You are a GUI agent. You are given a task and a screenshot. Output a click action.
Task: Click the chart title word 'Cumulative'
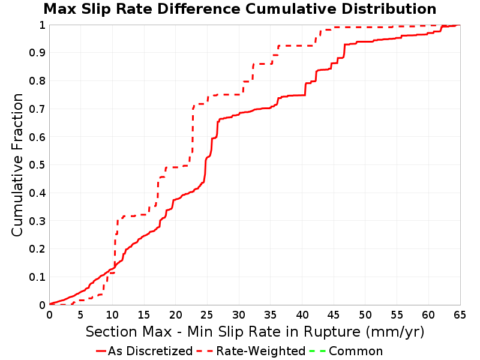(x=290, y=9)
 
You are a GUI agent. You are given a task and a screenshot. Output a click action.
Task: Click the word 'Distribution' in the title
(x=389, y=9)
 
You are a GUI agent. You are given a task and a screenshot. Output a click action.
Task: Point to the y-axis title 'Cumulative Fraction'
(x=17, y=165)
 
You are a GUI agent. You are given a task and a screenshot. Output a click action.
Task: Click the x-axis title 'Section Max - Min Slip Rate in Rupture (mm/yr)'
(x=255, y=332)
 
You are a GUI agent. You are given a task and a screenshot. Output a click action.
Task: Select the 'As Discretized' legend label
(x=151, y=351)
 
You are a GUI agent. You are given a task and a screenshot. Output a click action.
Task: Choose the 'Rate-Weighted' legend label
(x=261, y=351)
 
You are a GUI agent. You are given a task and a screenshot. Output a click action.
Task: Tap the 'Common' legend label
(x=356, y=351)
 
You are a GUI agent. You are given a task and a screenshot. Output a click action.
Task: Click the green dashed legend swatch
(x=317, y=351)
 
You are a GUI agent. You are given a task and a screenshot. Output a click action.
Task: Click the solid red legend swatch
(x=101, y=351)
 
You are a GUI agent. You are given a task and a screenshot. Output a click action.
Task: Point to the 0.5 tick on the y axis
(x=37, y=165)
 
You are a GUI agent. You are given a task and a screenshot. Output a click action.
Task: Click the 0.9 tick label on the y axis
(x=37, y=53)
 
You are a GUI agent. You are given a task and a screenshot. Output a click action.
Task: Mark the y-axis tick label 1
(x=42, y=25)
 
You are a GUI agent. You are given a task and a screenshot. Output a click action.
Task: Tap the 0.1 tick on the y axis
(x=37, y=277)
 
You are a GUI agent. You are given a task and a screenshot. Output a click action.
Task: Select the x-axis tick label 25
(x=207, y=314)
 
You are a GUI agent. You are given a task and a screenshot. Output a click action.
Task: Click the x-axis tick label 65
(x=460, y=314)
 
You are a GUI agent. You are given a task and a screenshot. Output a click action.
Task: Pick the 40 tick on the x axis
(x=302, y=314)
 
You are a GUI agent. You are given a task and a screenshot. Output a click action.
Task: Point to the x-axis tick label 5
(x=81, y=314)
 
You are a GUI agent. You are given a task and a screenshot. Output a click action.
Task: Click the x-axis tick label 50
(x=365, y=314)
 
